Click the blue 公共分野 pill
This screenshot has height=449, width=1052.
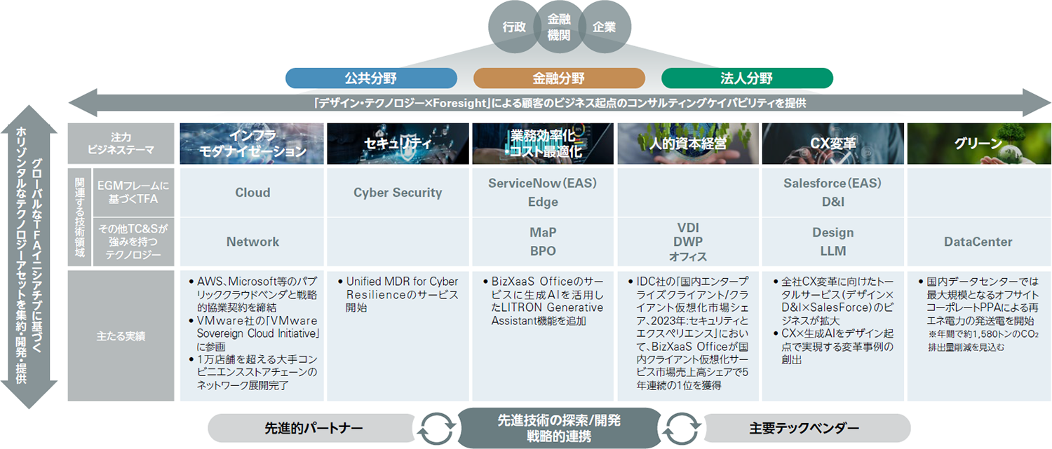tap(371, 78)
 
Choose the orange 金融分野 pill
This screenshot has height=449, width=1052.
tap(559, 78)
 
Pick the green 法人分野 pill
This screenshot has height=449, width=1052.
tap(747, 78)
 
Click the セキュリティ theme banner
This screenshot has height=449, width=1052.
tap(397, 144)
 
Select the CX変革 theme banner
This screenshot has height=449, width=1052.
tap(832, 144)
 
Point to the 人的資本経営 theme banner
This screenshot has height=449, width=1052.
tap(687, 144)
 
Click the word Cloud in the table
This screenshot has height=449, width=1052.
tap(252, 193)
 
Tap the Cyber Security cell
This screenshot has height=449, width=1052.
tap(398, 193)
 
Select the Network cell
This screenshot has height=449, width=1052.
tap(252, 242)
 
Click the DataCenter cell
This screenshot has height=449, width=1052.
tap(978, 242)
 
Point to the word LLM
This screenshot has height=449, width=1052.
tap(832, 251)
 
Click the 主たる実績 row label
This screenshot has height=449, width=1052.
tap(121, 336)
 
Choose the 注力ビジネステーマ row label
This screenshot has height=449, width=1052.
tap(121, 144)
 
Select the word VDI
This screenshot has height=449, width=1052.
tap(687, 228)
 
